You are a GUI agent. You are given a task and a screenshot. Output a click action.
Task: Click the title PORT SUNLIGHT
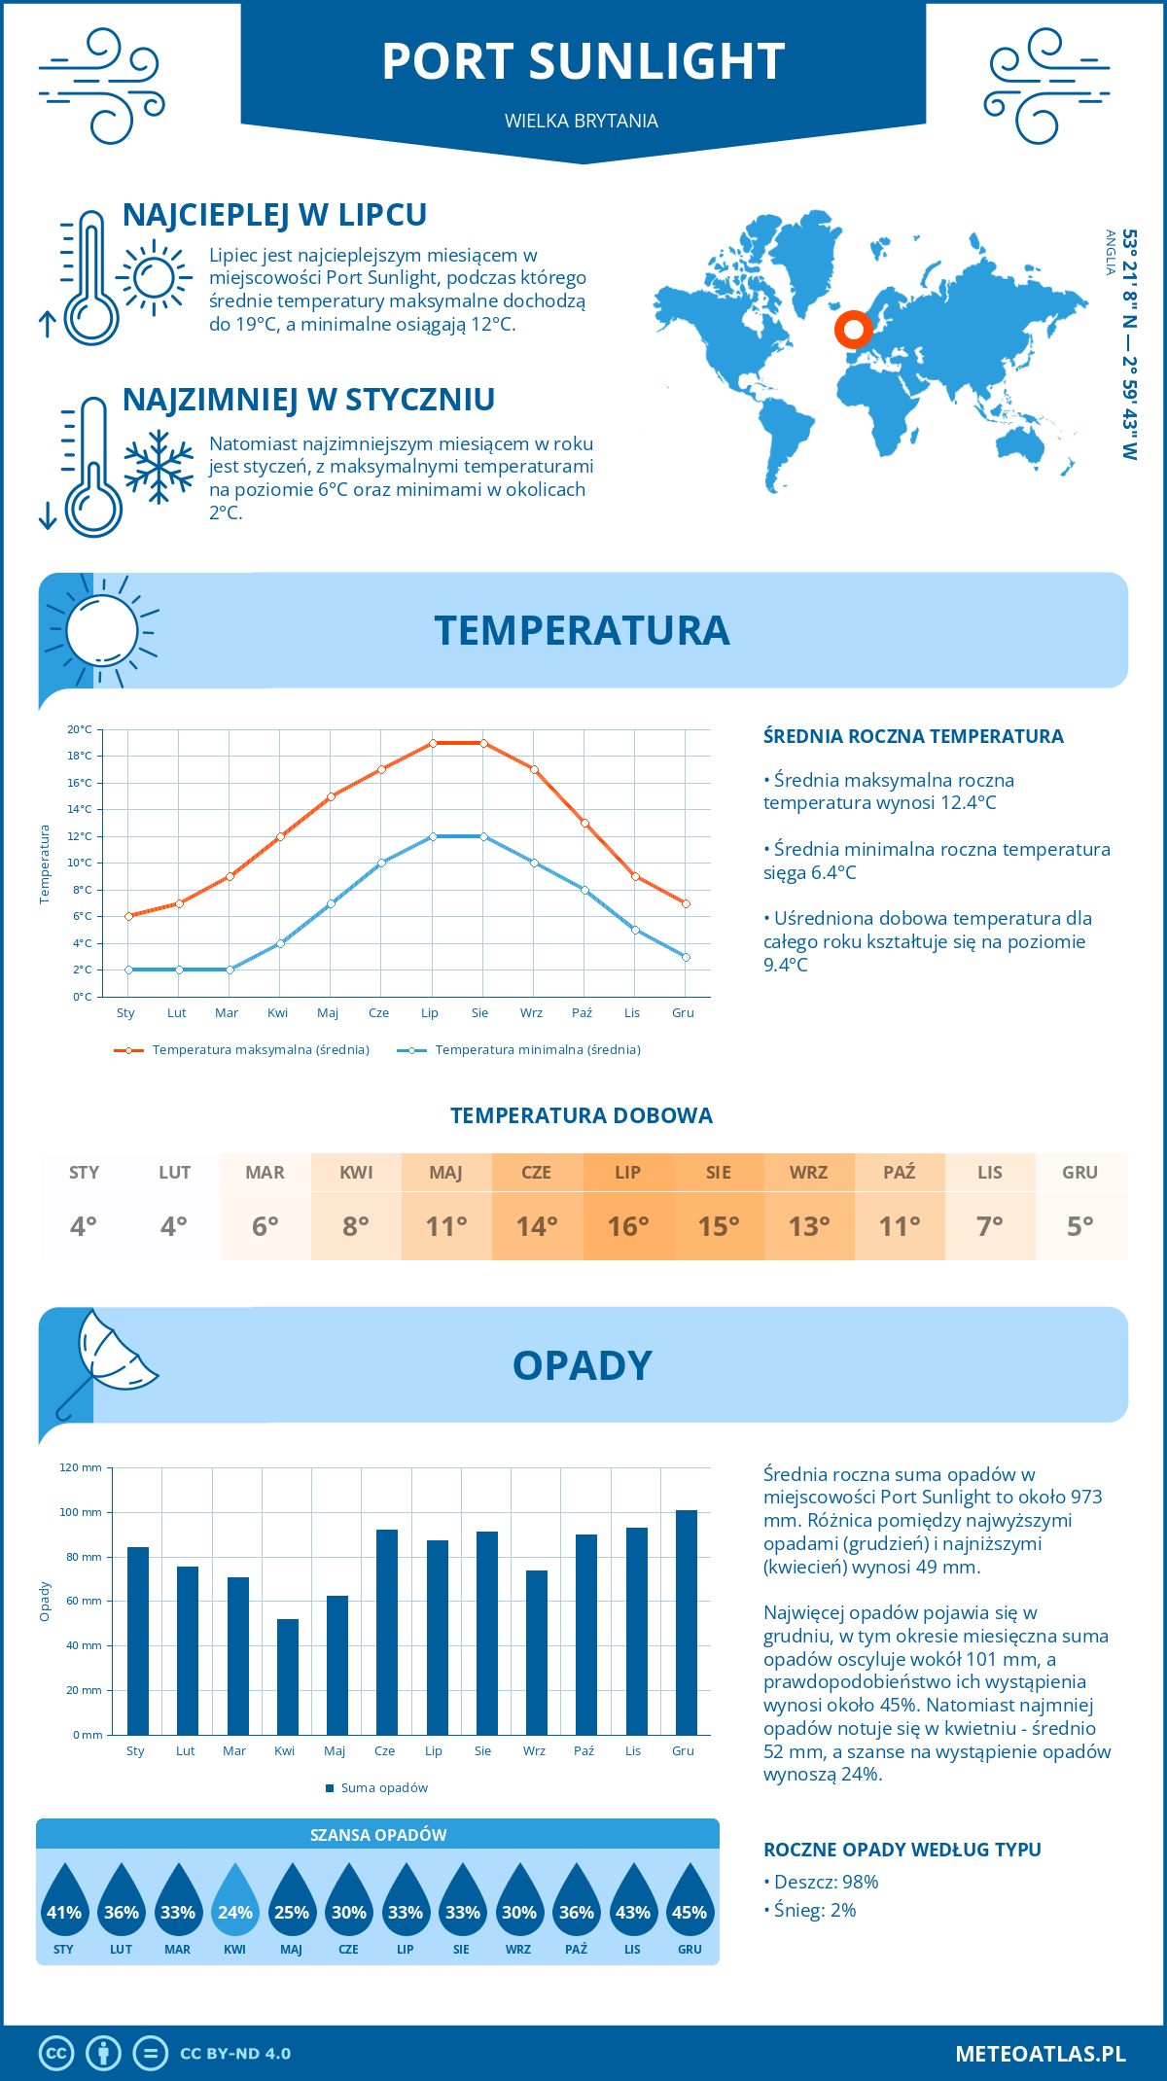tap(583, 61)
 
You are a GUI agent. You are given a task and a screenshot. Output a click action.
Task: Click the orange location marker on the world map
tap(853, 330)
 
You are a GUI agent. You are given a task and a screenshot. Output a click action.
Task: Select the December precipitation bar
tap(687, 1622)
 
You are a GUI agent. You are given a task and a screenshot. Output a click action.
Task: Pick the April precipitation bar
tap(288, 1676)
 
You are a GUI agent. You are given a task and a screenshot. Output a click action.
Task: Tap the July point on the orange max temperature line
tap(433, 743)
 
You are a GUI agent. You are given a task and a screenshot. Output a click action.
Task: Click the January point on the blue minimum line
tap(128, 970)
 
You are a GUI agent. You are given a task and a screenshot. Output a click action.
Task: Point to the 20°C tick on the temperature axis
tap(80, 729)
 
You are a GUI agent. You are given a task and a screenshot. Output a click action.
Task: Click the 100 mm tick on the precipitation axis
tap(81, 1512)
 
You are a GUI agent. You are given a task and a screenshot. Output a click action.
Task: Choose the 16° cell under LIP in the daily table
tap(627, 1226)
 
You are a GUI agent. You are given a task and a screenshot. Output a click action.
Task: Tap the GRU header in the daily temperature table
tap(1079, 1173)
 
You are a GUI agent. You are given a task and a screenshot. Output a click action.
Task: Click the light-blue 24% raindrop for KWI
tap(235, 1903)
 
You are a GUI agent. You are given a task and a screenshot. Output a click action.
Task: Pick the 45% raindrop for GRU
tap(690, 1903)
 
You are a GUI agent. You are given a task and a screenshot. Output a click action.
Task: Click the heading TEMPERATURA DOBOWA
tap(582, 1115)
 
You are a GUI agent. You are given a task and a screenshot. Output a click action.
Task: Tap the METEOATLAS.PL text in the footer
tap(1040, 2054)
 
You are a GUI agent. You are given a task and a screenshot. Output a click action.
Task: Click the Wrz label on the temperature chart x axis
tap(531, 1013)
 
